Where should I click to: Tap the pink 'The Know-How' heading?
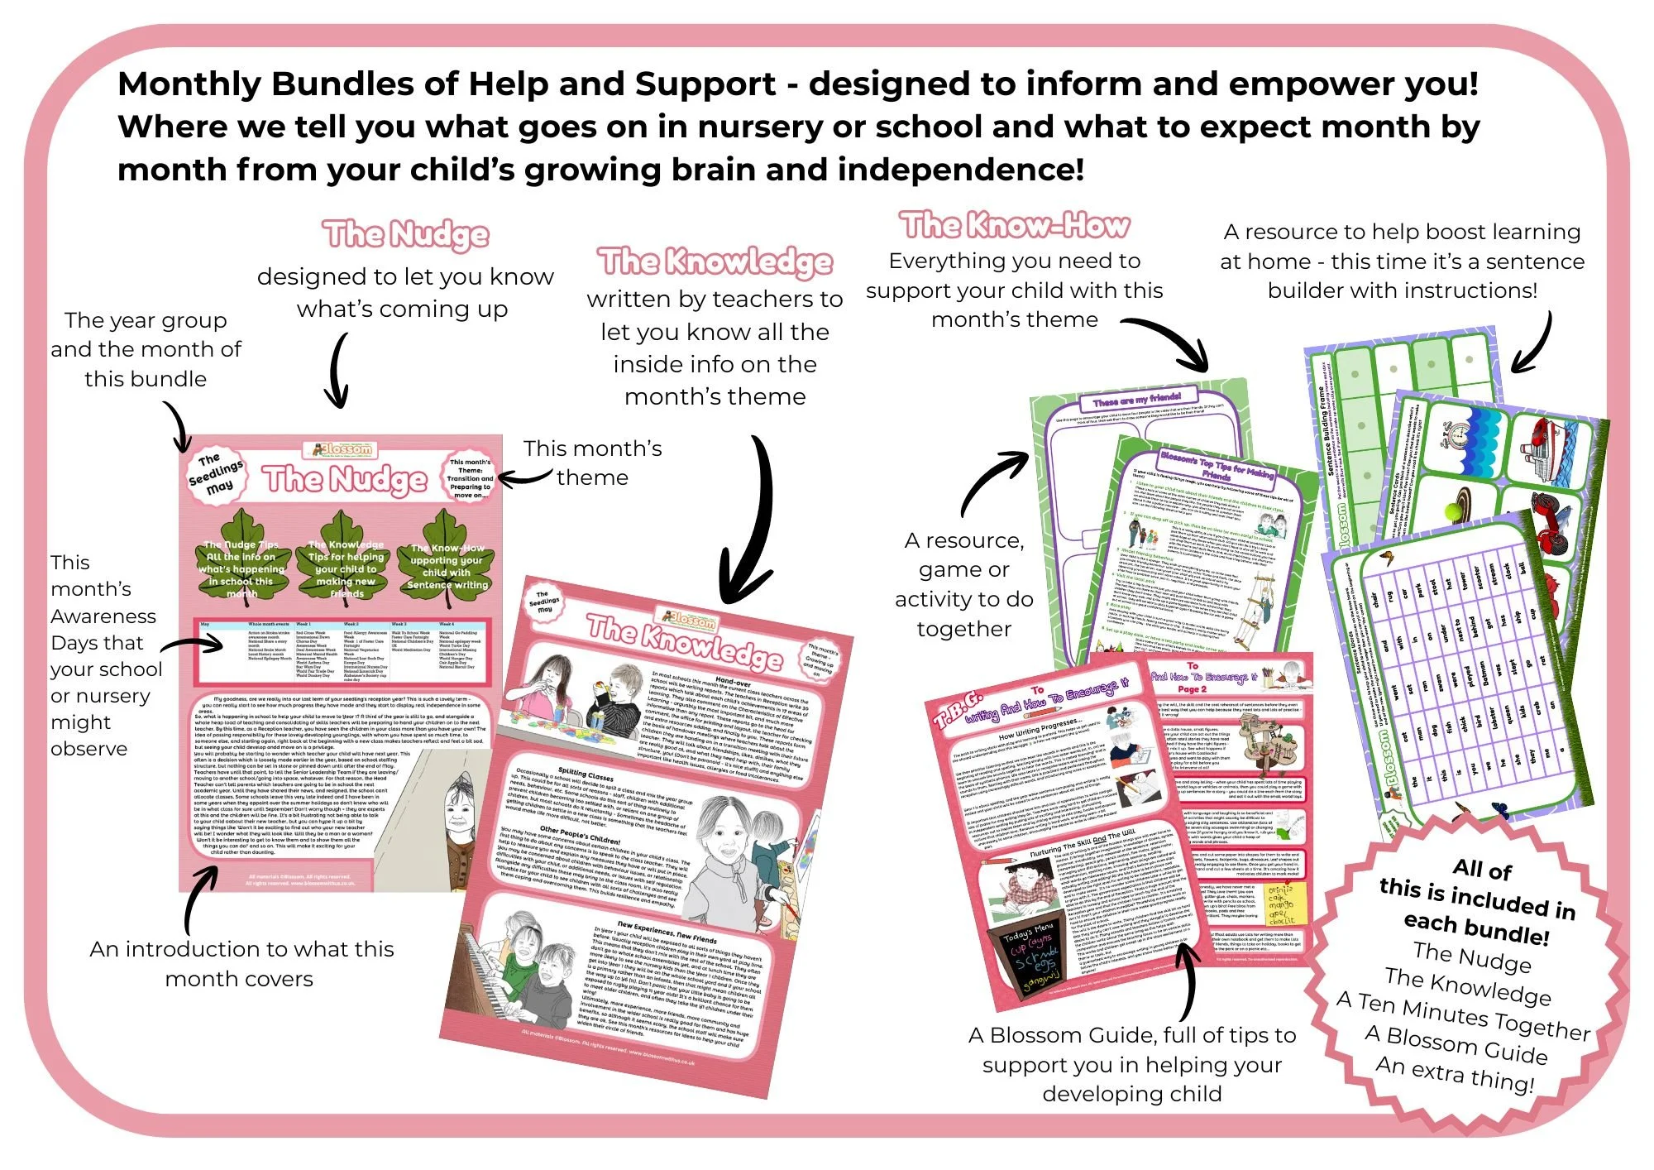tap(1015, 224)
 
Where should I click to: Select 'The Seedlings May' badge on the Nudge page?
tap(216, 475)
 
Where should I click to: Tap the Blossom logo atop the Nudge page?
tap(342, 449)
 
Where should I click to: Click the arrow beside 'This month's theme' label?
tap(523, 477)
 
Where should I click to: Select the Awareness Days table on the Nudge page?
tap(342, 650)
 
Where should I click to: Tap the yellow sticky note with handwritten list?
tap(1287, 902)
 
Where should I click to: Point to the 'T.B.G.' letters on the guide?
tap(958, 707)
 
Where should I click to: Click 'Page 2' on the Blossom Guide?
tap(1192, 688)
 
